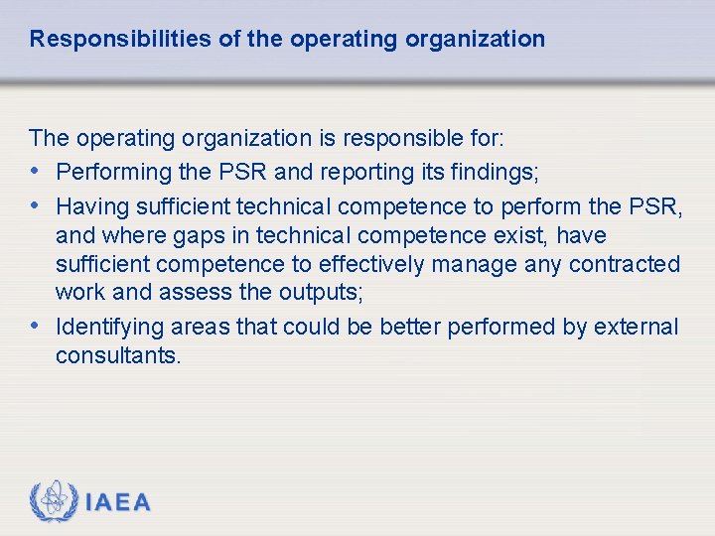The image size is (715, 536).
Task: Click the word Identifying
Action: pyautogui.click(x=110, y=327)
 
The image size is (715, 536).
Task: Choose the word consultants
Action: pyautogui.click(x=118, y=355)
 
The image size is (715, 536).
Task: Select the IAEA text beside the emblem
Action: pyautogui.click(x=118, y=502)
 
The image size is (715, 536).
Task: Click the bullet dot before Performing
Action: pyautogui.click(x=37, y=172)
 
